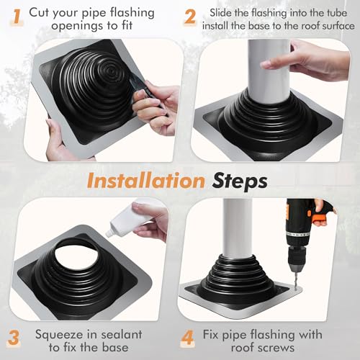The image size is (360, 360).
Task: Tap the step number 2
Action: [189, 16]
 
